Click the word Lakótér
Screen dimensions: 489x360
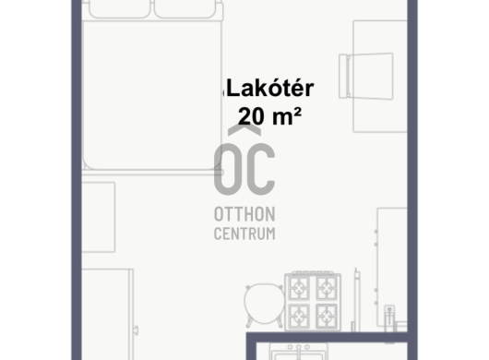(x=270, y=89)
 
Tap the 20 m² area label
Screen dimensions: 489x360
(x=269, y=116)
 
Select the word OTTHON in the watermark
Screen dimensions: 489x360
(x=244, y=214)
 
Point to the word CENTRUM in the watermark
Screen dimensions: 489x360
(x=244, y=234)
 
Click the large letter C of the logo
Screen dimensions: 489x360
(x=261, y=169)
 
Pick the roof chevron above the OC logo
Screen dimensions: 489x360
(x=244, y=130)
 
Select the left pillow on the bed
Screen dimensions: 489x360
(x=120, y=8)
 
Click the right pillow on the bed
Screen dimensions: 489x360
(x=185, y=8)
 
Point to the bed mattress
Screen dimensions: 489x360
(x=152, y=94)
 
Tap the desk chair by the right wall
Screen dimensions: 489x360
(x=366, y=77)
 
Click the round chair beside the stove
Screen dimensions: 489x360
(x=265, y=305)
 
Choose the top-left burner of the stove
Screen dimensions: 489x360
(x=299, y=288)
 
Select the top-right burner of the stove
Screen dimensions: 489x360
(x=327, y=288)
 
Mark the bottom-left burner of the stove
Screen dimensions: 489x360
(x=299, y=316)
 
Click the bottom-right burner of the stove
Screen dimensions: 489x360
(x=327, y=316)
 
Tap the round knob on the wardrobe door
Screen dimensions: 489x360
(x=136, y=330)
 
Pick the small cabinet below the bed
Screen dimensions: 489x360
(x=98, y=217)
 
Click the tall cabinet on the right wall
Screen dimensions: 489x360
(x=392, y=267)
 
